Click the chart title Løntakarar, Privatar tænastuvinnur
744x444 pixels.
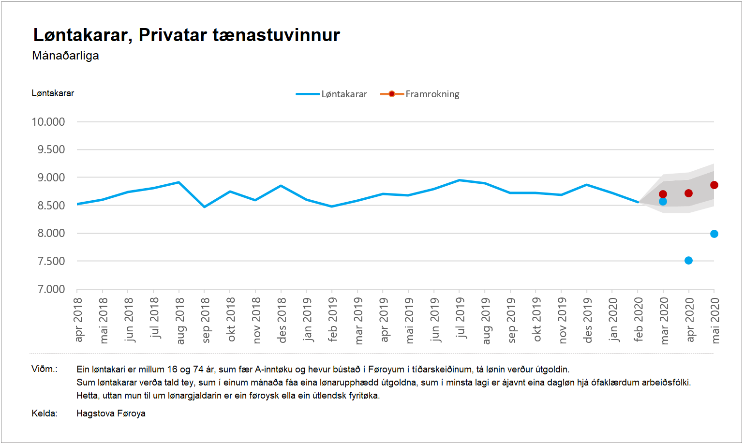point(186,35)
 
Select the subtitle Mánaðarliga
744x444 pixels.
point(65,56)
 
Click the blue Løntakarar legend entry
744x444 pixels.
point(332,94)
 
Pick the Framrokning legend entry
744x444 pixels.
point(420,94)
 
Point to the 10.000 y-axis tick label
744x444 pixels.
point(48,122)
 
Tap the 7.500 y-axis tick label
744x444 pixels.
point(51,261)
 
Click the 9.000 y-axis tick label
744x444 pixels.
point(51,178)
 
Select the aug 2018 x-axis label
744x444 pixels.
point(180,321)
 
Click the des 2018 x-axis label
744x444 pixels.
point(282,321)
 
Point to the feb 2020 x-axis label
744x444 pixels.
point(638,320)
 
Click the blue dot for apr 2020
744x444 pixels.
point(688,261)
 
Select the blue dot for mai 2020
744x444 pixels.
point(714,234)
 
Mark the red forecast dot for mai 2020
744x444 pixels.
point(714,185)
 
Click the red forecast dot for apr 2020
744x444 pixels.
point(688,193)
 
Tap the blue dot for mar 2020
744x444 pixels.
point(663,202)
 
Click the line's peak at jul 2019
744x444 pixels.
point(459,180)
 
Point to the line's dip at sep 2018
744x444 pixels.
point(205,207)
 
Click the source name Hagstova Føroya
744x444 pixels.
point(111,414)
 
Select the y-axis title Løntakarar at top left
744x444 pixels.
point(53,93)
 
